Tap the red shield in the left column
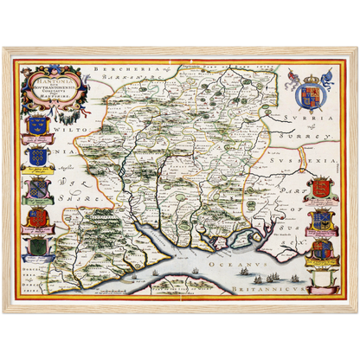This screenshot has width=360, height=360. click(x=37, y=217)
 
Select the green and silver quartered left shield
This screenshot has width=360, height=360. click(x=37, y=188)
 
